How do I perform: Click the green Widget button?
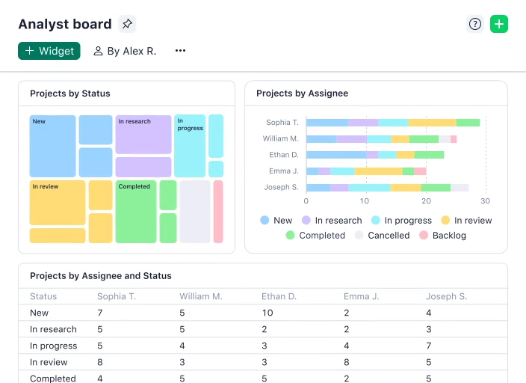(x=49, y=51)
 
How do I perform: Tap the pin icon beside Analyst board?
(x=127, y=24)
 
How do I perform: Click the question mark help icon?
(x=475, y=24)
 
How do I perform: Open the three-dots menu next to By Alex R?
(x=180, y=51)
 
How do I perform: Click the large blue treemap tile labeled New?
(x=52, y=147)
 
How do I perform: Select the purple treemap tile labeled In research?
(x=143, y=135)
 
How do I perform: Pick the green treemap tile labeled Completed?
(x=136, y=212)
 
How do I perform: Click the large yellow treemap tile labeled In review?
(x=58, y=203)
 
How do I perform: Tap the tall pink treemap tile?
(x=218, y=212)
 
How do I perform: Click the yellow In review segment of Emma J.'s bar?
(x=378, y=171)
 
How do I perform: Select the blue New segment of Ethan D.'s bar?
(x=336, y=155)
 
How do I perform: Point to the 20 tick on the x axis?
(x=425, y=201)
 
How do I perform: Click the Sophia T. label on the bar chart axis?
(x=282, y=123)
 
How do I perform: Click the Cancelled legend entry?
(x=382, y=236)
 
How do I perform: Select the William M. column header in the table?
(x=200, y=296)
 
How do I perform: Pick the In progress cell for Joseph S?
(x=428, y=346)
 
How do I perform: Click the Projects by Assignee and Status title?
(x=101, y=276)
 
